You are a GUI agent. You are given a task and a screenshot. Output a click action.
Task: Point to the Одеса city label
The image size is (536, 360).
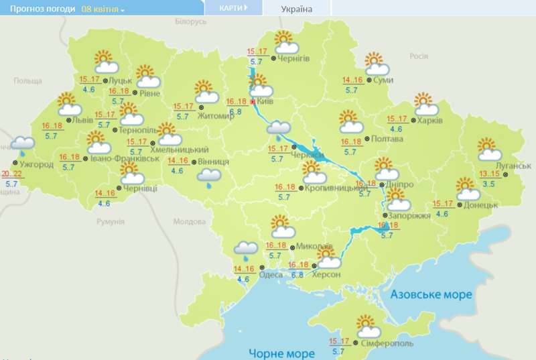click(x=271, y=275)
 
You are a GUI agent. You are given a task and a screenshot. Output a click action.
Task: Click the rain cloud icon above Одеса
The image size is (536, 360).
click(x=246, y=251)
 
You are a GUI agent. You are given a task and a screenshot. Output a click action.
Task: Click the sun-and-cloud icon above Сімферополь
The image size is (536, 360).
click(x=368, y=326)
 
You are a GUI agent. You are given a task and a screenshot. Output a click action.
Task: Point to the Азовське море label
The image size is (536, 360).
click(x=431, y=294)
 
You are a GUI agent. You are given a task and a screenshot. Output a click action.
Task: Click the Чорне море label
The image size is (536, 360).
click(x=281, y=353)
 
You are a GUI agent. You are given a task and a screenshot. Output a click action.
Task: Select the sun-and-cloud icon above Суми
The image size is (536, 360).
click(x=377, y=64)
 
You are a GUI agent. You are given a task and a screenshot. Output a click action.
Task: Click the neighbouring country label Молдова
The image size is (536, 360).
click(x=188, y=221)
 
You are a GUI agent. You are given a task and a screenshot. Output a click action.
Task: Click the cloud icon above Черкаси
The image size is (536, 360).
click(x=279, y=129)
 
